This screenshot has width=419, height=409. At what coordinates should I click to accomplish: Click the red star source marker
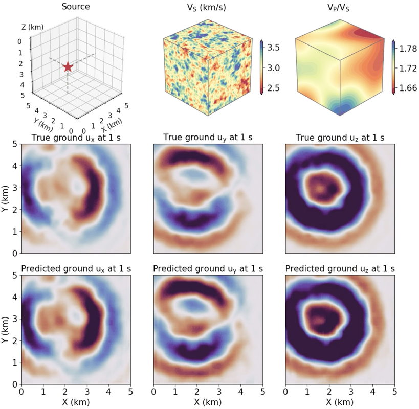click(68, 67)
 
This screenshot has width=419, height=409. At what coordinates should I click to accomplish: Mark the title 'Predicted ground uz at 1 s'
click(340, 268)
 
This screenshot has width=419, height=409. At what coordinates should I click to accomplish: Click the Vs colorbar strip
click(262, 67)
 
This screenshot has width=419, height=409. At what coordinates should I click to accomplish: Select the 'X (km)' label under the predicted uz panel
click(340, 402)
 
